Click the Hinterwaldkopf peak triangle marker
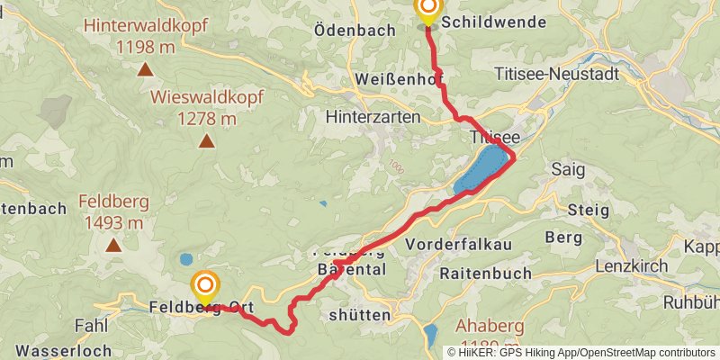(x=144, y=68)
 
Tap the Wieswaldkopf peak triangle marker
(x=207, y=140)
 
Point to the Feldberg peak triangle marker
(x=113, y=245)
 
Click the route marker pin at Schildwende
(x=427, y=11)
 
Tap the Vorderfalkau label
(x=459, y=245)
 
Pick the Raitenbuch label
(x=484, y=272)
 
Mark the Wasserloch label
(x=63, y=351)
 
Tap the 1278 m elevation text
(x=207, y=118)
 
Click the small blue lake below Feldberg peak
(x=185, y=259)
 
